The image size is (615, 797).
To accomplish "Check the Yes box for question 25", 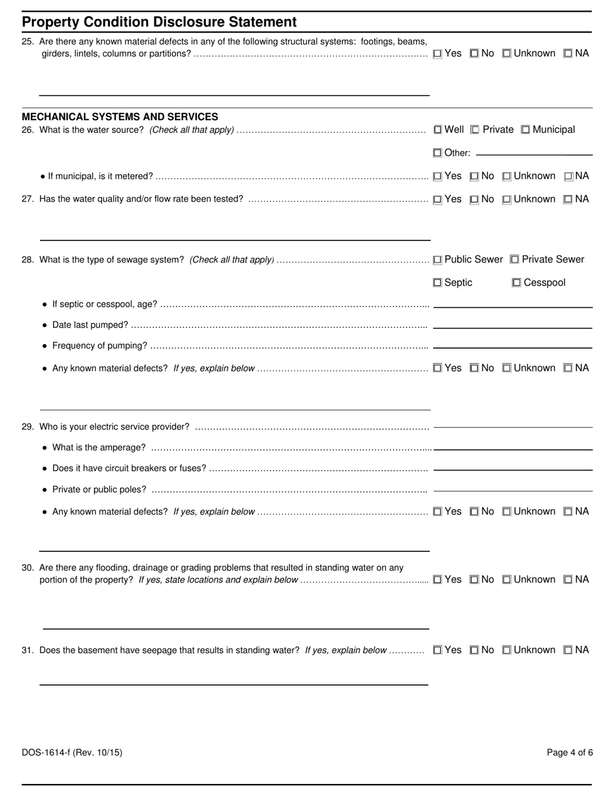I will [x=438, y=54].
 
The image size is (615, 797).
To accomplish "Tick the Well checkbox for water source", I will [x=438, y=130].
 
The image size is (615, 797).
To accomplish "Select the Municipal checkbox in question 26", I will [x=526, y=130].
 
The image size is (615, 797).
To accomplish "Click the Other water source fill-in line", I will [x=534, y=154].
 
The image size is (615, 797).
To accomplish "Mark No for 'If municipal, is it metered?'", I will [x=475, y=176].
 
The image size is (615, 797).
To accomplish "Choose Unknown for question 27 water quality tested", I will [x=507, y=200].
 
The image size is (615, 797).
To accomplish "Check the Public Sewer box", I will [x=438, y=260].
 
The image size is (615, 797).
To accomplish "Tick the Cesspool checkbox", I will [x=517, y=283].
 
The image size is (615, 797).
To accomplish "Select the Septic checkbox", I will [x=438, y=283].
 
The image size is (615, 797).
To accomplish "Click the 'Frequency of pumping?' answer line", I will [x=513, y=347].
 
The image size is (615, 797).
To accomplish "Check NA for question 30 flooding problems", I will [x=568, y=580].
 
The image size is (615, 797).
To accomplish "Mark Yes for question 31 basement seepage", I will [x=438, y=651].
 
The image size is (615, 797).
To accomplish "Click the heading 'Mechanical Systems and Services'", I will [x=120, y=117].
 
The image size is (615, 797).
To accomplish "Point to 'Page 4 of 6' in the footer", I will [x=570, y=752].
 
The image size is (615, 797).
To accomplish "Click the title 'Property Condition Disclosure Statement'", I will [x=159, y=22].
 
